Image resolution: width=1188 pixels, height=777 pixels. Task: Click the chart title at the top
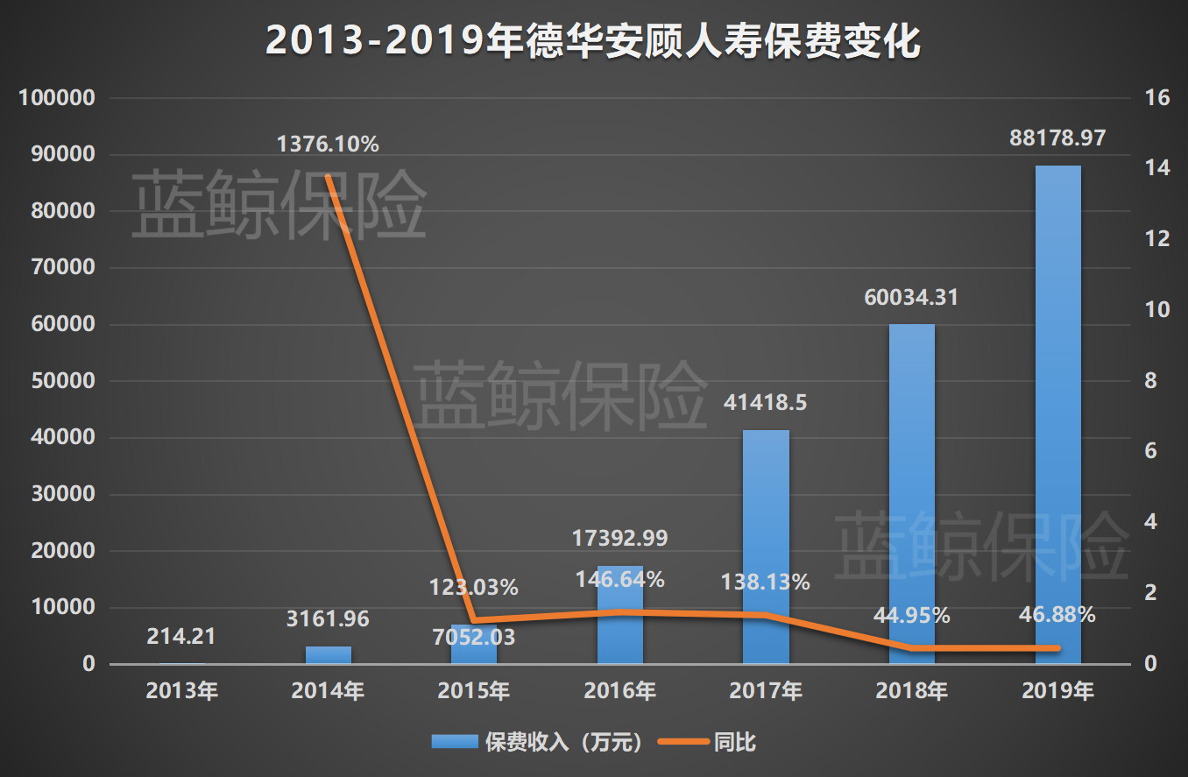pyautogui.click(x=593, y=41)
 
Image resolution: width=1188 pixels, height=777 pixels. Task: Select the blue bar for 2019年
pyautogui.click(x=1057, y=412)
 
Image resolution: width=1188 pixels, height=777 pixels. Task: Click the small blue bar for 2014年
pyautogui.click(x=329, y=655)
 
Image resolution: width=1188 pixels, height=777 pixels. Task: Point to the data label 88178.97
pyautogui.click(x=1057, y=138)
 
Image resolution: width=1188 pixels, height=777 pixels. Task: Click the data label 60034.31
pyautogui.click(x=911, y=298)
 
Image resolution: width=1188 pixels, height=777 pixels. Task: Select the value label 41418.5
pyautogui.click(x=766, y=403)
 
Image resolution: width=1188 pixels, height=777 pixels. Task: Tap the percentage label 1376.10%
pyautogui.click(x=328, y=145)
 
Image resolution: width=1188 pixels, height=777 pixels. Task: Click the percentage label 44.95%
pyautogui.click(x=911, y=615)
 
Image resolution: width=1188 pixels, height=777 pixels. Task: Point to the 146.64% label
pyautogui.click(x=620, y=579)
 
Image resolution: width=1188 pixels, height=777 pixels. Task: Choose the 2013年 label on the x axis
pyautogui.click(x=182, y=691)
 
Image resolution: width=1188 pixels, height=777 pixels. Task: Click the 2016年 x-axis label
pyautogui.click(x=620, y=691)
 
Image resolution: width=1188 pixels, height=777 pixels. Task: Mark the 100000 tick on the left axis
pyautogui.click(x=56, y=98)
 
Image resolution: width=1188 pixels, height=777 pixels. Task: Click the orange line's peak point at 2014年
pyautogui.click(x=329, y=177)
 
